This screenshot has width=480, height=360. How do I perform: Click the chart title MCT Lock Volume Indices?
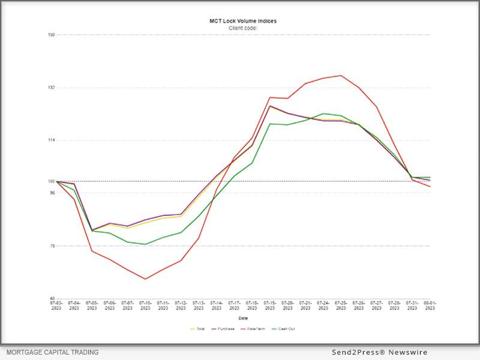pyautogui.click(x=243, y=21)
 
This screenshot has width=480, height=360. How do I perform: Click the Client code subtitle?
pyautogui.click(x=243, y=28)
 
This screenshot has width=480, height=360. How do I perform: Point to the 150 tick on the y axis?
pyautogui.click(x=52, y=35)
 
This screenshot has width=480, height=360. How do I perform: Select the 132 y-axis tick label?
pyautogui.click(x=52, y=88)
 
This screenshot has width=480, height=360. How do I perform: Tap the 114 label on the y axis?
pyautogui.click(x=52, y=140)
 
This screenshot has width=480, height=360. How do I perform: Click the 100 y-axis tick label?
pyautogui.click(x=52, y=181)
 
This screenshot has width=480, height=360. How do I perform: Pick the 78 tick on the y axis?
pyautogui.click(x=52, y=246)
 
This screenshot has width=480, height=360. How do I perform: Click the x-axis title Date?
pyautogui.click(x=243, y=318)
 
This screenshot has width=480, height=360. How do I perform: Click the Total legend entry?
pyautogui.click(x=198, y=329)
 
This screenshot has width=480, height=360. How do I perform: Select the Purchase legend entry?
pyautogui.click(x=223, y=329)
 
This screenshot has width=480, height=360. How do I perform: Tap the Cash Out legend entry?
pyautogui.click(x=284, y=329)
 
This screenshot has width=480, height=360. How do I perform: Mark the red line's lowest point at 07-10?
pyautogui.click(x=145, y=279)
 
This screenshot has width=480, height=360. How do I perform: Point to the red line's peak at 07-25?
pyautogui.click(x=341, y=76)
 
